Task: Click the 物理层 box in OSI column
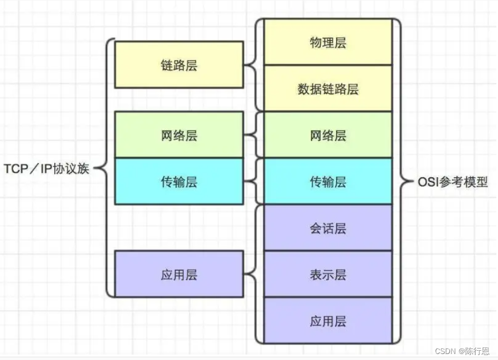pyautogui.click(x=328, y=42)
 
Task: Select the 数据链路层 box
pyautogui.click(x=328, y=89)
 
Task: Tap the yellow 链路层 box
pyautogui.click(x=179, y=65)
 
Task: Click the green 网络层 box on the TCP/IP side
pyautogui.click(x=179, y=135)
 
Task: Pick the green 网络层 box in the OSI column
pyautogui.click(x=328, y=135)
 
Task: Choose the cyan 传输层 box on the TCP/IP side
pyautogui.click(x=179, y=181)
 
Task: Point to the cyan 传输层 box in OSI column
pyautogui.click(x=328, y=181)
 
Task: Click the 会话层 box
pyautogui.click(x=328, y=228)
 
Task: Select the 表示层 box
pyautogui.click(x=328, y=274)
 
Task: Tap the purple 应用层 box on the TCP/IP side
pyautogui.click(x=179, y=274)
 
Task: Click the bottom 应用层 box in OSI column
pyautogui.click(x=328, y=320)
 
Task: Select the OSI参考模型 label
pyautogui.click(x=452, y=182)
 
